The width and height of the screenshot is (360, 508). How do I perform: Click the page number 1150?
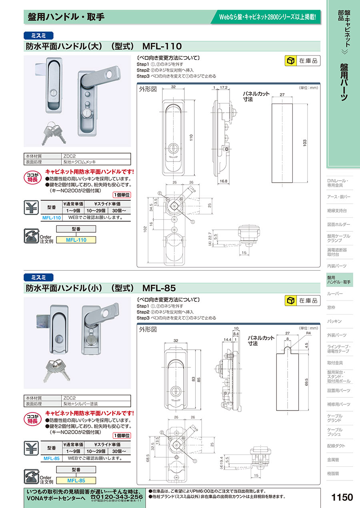(x=342, y=497)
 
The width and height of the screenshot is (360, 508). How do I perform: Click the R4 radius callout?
(x=308, y=333)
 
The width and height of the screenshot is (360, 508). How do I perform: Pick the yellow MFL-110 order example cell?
(x=76, y=240)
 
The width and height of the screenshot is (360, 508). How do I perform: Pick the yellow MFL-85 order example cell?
(x=76, y=480)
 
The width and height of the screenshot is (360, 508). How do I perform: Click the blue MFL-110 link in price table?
(x=52, y=218)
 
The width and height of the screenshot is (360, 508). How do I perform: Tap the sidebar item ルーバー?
(x=335, y=294)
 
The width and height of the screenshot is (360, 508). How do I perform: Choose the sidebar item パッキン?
(x=334, y=321)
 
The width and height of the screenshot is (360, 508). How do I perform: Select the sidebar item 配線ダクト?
(x=336, y=446)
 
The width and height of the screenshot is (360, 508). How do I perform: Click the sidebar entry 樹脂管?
(x=333, y=473)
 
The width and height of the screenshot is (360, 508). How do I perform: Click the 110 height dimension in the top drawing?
(x=191, y=137)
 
